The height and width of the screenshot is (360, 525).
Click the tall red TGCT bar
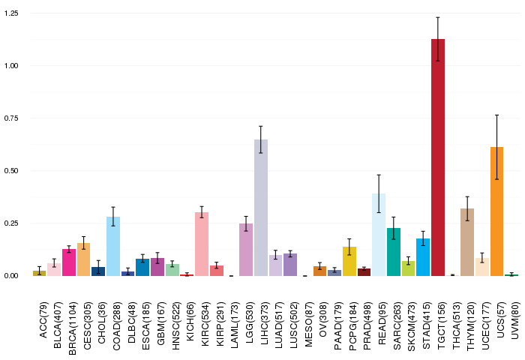coord(437,157)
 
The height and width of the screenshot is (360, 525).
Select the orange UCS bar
coord(496,211)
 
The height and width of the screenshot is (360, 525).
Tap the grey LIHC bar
coord(261,208)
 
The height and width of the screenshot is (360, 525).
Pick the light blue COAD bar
coord(113,246)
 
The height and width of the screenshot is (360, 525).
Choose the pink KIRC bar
coord(202,244)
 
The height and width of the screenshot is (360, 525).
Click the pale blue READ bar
coord(379,235)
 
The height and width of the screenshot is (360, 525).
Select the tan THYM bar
coord(467,242)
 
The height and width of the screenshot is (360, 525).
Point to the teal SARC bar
coord(394,252)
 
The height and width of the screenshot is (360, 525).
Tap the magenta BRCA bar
coord(69,262)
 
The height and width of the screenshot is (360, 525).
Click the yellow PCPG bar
coord(349,261)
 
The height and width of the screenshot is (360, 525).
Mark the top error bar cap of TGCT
coord(437,17)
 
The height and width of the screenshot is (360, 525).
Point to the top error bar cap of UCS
coord(496,115)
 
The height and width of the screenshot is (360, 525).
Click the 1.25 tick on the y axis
coord(11,13)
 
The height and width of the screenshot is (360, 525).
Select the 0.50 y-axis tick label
coord(11,171)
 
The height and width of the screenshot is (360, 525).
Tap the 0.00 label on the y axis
coord(11,276)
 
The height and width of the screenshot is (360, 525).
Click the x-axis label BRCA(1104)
coord(73,328)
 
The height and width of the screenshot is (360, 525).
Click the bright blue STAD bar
coord(423,257)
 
